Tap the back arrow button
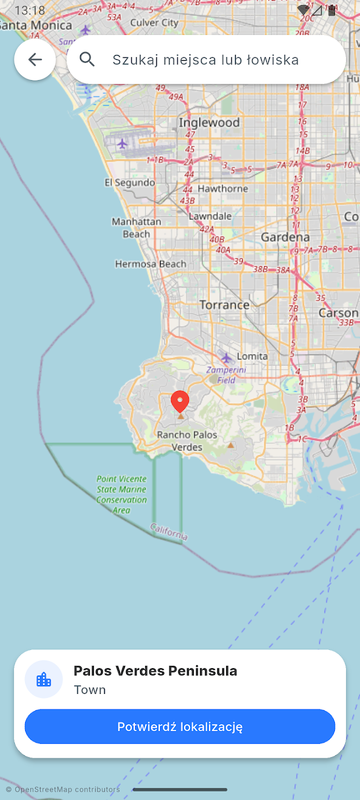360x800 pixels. coord(35,60)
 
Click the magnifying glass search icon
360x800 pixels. coord(87,59)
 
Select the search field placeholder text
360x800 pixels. coord(206,60)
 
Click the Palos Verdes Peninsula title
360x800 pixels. coord(155,671)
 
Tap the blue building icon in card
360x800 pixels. coord(44,679)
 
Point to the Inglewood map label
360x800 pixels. coord(209,123)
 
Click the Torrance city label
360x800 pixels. coord(224,304)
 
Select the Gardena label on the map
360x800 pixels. coord(285,237)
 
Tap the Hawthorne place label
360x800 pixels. coord(222,189)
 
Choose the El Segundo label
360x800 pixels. coord(130,182)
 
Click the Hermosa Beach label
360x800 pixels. coord(151,264)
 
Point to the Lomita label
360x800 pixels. coord(252,356)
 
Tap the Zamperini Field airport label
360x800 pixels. coord(227,375)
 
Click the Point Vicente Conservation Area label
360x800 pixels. coord(122,494)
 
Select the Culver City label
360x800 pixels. coord(154,23)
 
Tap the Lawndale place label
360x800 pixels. coord(210,216)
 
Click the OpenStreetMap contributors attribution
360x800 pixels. coord(63,789)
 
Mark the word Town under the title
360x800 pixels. coord(89,690)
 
